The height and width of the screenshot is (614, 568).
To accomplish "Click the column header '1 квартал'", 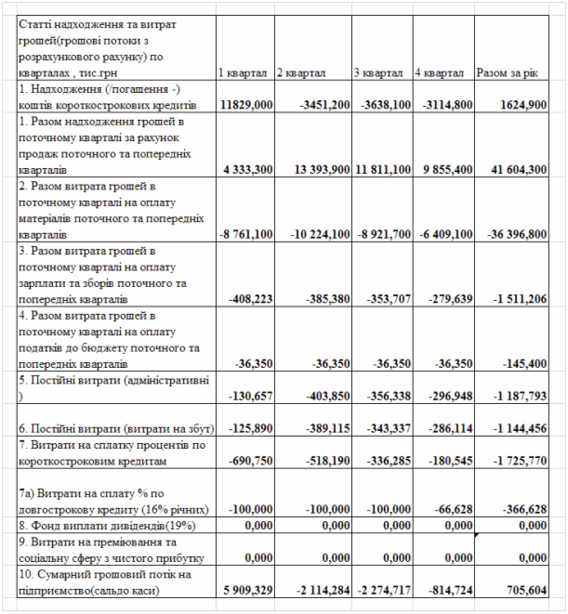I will click(243, 72).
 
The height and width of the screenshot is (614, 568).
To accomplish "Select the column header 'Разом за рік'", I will click(506, 72).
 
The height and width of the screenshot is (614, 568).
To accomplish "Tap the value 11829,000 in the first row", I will click(246, 105).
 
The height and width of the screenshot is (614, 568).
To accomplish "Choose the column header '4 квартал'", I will click(441, 72).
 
